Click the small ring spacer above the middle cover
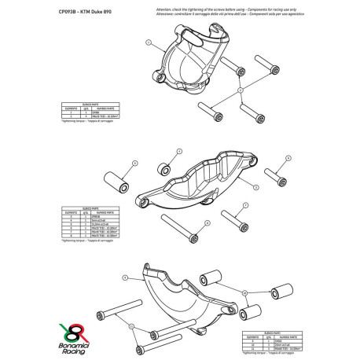tap(166, 167)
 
